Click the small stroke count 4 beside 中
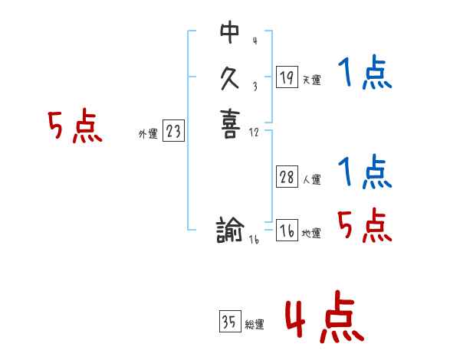coord(255,40)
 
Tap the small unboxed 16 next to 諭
coord(254,240)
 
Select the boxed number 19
coord(287,77)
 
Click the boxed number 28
coord(287,177)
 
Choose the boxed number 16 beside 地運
coord(287,231)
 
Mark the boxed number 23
coord(173,132)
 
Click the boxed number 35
coord(229,322)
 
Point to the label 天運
coord(312,80)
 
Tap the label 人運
coord(312,180)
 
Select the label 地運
coord(312,234)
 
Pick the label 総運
coord(255,325)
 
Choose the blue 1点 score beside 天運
coord(365,74)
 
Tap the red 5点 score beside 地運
coord(365,225)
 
